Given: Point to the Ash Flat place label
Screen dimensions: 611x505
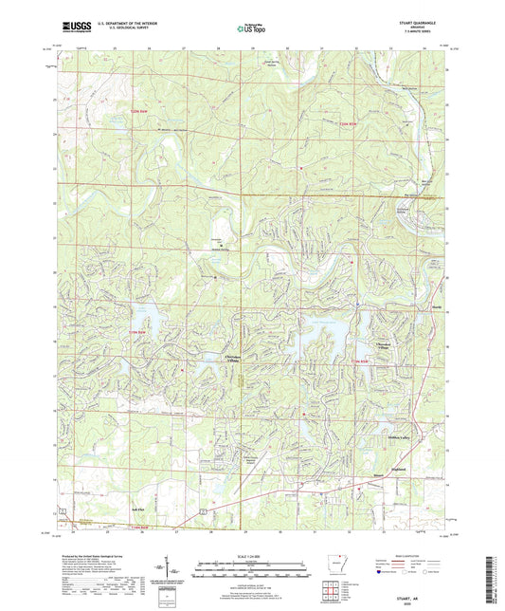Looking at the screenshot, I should point(135,508).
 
